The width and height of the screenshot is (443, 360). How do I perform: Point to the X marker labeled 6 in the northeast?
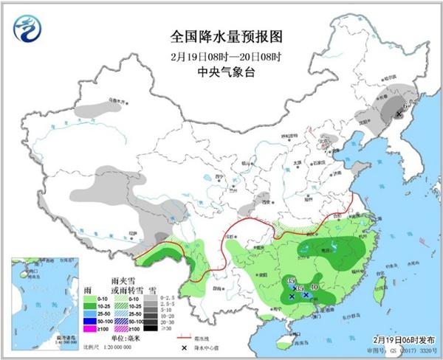[x=399, y=114]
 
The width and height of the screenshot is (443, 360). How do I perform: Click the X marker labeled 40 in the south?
[x=306, y=294]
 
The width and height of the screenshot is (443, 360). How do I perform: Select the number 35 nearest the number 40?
[x=300, y=288]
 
